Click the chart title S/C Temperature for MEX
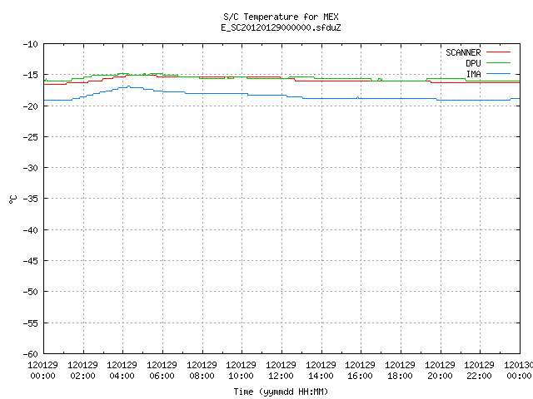click(x=281, y=17)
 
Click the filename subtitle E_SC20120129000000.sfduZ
click(x=281, y=27)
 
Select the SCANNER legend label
click(x=463, y=52)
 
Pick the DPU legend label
click(x=473, y=63)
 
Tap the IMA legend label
click(x=474, y=74)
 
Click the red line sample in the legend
click(x=498, y=52)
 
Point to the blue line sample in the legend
click(x=498, y=74)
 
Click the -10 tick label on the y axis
click(x=30, y=44)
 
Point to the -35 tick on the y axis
click(x=30, y=199)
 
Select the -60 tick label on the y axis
click(x=30, y=354)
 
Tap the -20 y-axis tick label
click(x=30, y=106)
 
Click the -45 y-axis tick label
click(x=30, y=261)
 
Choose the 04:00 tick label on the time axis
click(x=122, y=376)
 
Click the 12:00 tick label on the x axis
click(x=281, y=376)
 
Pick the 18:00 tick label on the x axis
click(x=400, y=376)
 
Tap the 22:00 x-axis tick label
click(x=480, y=376)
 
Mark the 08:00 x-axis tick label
click(x=202, y=376)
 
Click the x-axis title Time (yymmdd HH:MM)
click(x=281, y=392)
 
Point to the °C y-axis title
click(x=13, y=199)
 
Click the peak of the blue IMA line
click(x=128, y=86)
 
